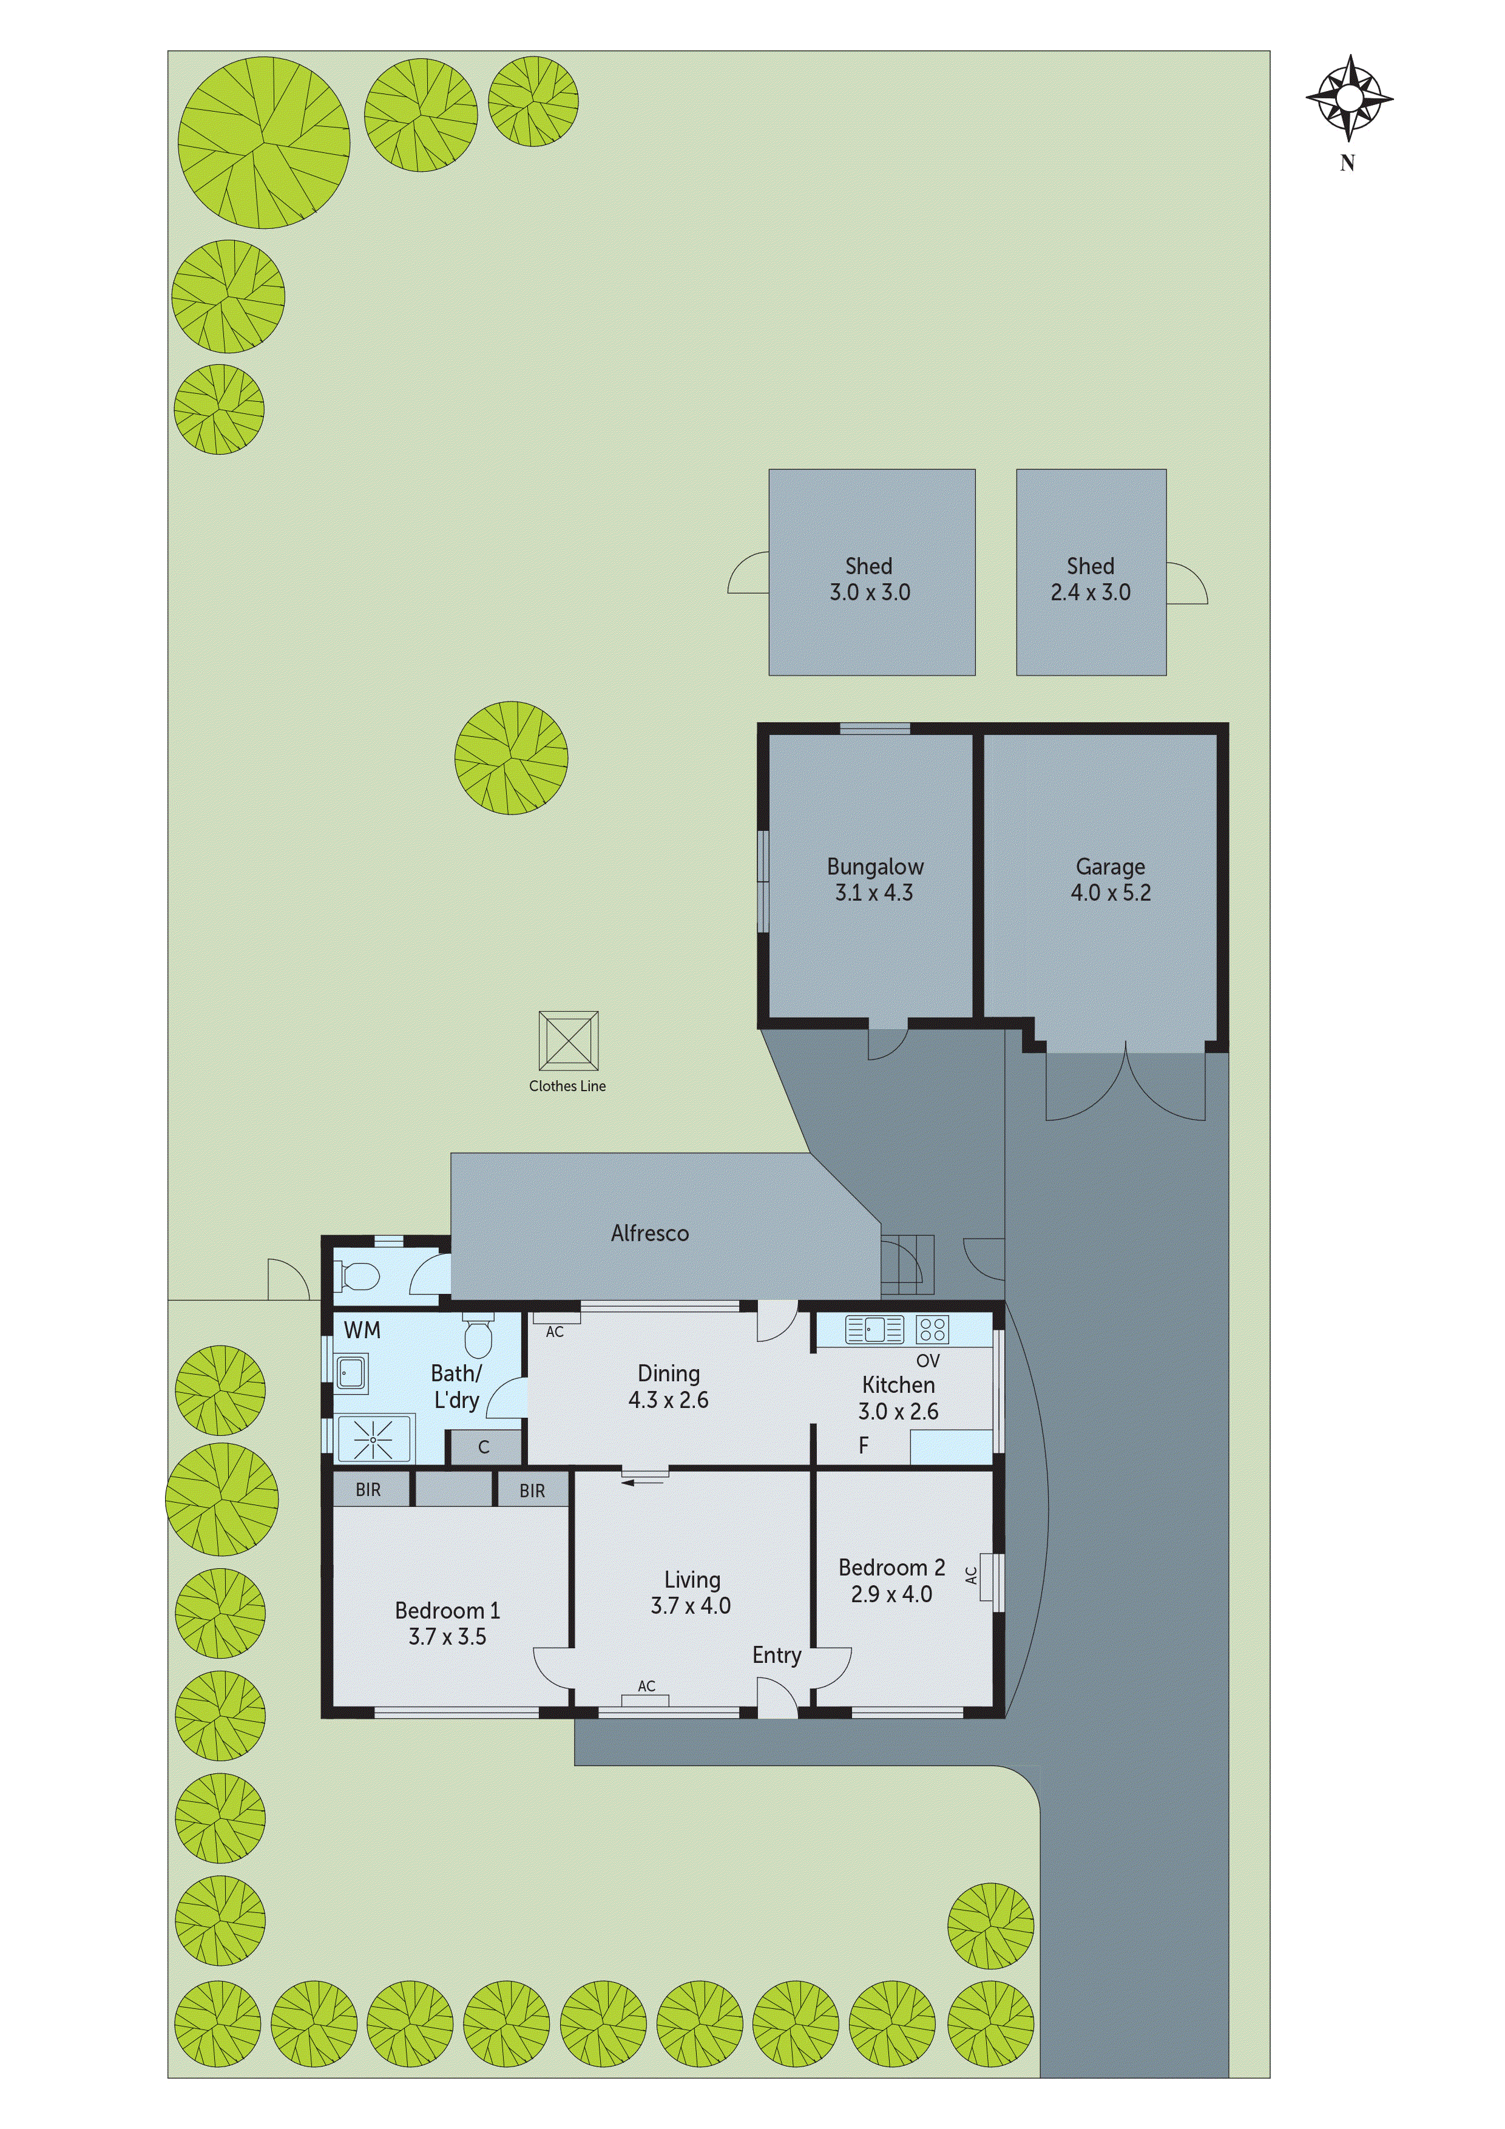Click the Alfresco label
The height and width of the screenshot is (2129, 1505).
click(649, 1233)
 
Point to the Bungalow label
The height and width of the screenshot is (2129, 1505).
click(874, 867)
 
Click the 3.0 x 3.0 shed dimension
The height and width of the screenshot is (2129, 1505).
click(869, 592)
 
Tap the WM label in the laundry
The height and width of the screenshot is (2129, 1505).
click(362, 1330)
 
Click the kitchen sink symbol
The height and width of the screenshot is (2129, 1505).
click(873, 1330)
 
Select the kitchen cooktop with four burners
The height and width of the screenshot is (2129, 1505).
click(932, 1330)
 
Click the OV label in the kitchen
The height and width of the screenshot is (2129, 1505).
click(927, 1361)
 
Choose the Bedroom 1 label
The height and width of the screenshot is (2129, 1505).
click(447, 1611)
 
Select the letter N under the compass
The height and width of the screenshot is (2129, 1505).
click(1347, 163)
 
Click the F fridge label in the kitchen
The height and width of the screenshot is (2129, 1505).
click(864, 1446)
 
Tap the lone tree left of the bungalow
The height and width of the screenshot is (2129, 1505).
click(511, 757)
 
